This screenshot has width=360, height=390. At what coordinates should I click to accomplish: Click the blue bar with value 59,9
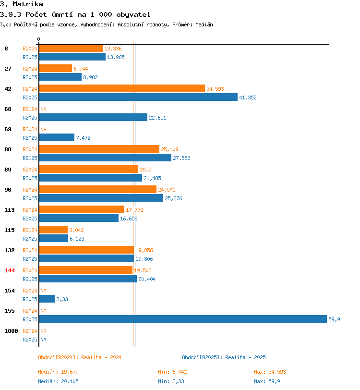point(183,319)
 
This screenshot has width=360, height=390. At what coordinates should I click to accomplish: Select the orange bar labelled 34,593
point(122,88)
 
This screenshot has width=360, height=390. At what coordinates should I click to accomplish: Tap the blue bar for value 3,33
point(47,299)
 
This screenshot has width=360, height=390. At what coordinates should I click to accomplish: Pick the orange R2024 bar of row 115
point(53,230)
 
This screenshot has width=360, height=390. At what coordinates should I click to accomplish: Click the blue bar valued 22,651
point(93,117)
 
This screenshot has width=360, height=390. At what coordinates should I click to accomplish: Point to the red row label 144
point(10,270)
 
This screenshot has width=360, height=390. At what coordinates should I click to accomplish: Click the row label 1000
point(11,331)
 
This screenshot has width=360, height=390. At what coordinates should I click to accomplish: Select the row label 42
point(8,89)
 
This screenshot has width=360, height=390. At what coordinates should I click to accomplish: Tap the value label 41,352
point(248,97)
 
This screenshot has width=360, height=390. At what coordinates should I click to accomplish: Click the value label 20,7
point(145,170)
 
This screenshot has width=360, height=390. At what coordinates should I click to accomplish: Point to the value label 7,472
point(83,138)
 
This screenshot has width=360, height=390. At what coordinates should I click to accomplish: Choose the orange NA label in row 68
point(43,109)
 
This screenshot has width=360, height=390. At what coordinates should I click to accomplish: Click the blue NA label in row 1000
point(43,340)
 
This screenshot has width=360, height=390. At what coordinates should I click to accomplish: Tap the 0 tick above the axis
point(38,39)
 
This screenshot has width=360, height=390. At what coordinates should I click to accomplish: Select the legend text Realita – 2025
point(245,357)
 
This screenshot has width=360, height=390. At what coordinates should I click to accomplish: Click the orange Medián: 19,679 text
point(58,372)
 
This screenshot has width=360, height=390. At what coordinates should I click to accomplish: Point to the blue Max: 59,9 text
point(267,381)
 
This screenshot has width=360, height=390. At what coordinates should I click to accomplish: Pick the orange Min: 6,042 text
point(172,372)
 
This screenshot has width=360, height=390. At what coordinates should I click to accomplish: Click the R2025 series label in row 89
point(30,178)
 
